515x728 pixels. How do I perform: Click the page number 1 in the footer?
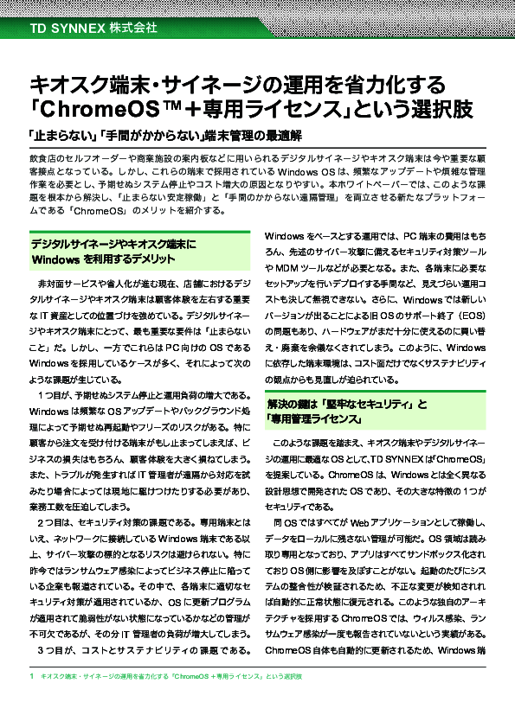coord(31,698)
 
